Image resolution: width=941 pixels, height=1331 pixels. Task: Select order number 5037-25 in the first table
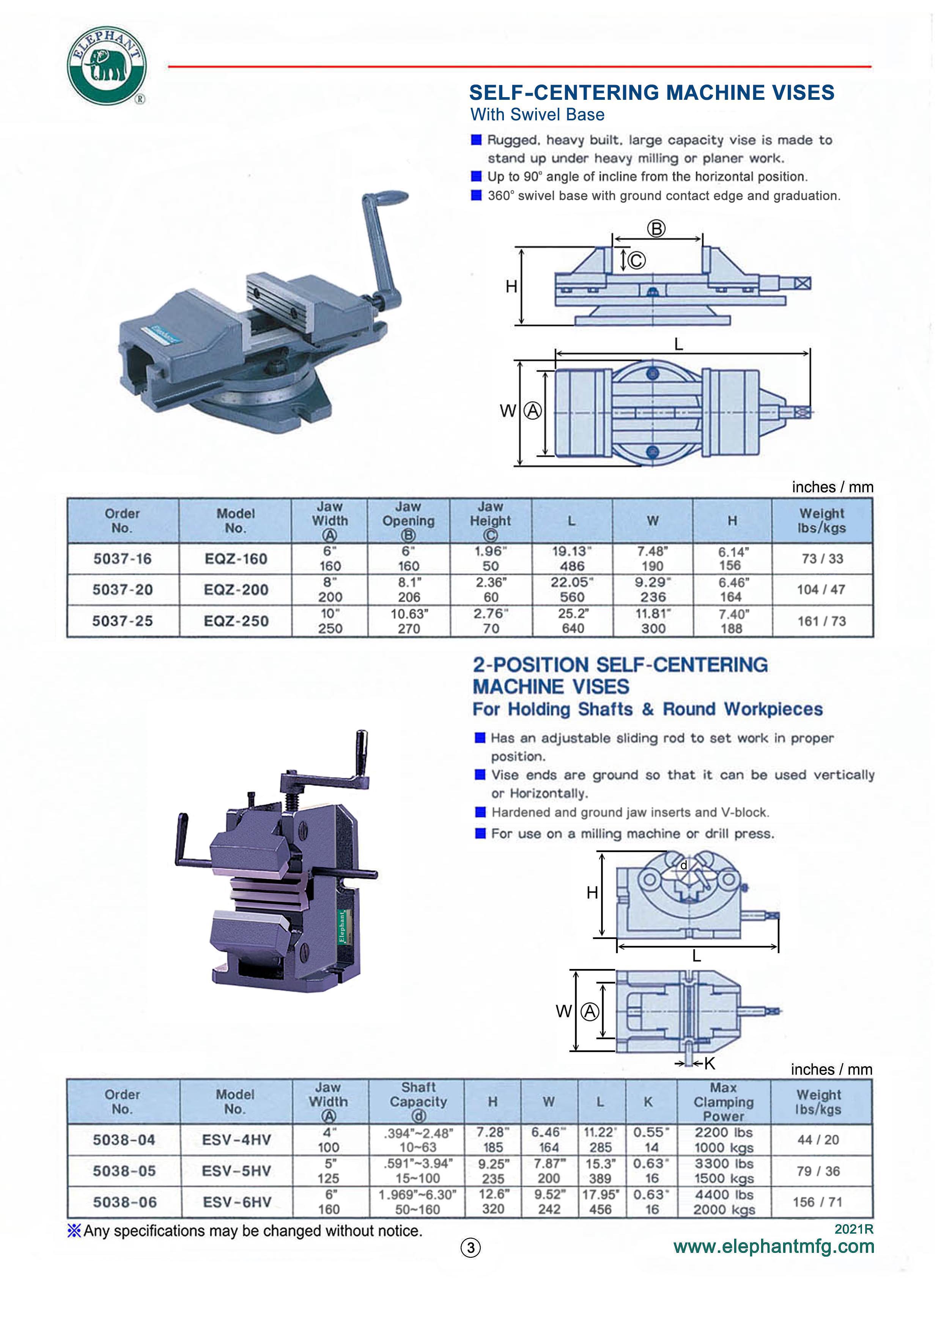point(122,621)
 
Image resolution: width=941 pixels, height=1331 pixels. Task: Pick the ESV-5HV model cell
point(236,1171)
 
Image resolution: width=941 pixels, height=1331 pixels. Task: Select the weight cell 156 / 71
point(817,1202)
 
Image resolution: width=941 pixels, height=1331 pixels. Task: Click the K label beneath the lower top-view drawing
point(710,1063)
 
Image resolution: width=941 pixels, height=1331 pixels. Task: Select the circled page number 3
point(470,1248)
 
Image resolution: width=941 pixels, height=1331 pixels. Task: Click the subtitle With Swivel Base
point(537,115)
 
